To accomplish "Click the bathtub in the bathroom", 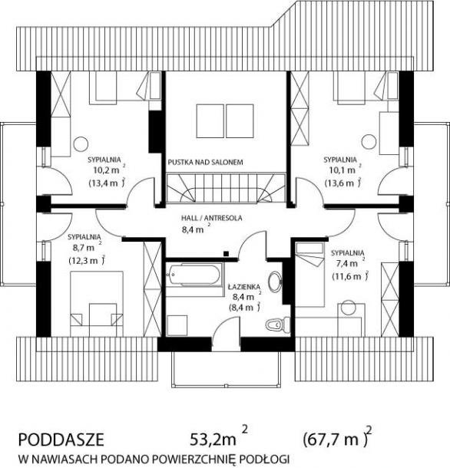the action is point(194,275).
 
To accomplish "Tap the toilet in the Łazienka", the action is point(277,325).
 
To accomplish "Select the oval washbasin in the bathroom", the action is point(274,281).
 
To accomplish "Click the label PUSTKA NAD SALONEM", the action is point(205,163).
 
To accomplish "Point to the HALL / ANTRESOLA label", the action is point(211,218).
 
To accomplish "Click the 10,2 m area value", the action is point(108,170).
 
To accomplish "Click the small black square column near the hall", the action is point(227,254).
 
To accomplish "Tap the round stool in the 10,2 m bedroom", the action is point(81,144).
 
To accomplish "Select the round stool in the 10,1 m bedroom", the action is point(369,142).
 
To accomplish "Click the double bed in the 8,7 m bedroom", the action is point(97,304).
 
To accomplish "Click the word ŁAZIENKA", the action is point(244,287).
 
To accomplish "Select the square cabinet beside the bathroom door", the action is point(177,325).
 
